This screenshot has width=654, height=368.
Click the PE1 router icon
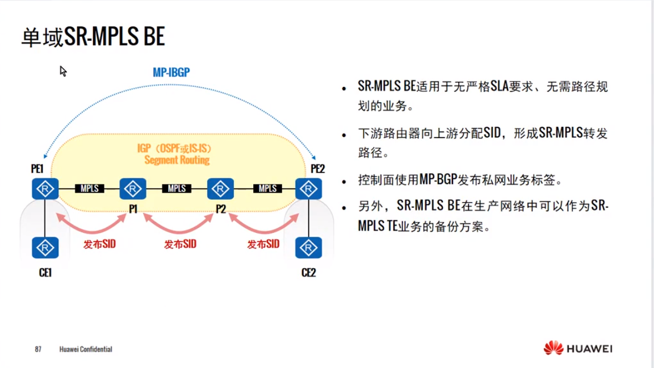pyautogui.click(x=45, y=189)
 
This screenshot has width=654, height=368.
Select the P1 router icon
pyautogui.click(x=133, y=189)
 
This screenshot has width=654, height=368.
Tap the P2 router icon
pyautogui.click(x=220, y=189)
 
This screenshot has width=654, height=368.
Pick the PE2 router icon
pyautogui.click(x=308, y=189)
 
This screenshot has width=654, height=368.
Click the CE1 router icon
pyautogui.click(x=45, y=248)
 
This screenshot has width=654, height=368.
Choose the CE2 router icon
pyautogui.click(x=308, y=248)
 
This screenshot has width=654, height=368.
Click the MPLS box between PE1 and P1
pyautogui.click(x=89, y=189)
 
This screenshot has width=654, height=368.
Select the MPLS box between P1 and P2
pyautogui.click(x=177, y=189)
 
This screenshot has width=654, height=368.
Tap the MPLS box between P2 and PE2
pyautogui.click(x=267, y=189)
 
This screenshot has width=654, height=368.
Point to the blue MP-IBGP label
pyautogui.click(x=171, y=73)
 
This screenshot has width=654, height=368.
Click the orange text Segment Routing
pyautogui.click(x=177, y=160)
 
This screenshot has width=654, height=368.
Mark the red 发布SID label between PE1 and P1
pyautogui.click(x=99, y=244)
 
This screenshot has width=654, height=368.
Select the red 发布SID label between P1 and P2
pyautogui.click(x=180, y=244)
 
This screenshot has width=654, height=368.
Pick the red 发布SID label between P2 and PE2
pyautogui.click(x=263, y=244)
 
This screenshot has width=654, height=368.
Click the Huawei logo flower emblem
pyautogui.click(x=554, y=348)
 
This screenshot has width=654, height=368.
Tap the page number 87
pyautogui.click(x=38, y=349)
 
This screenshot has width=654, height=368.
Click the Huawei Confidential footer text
pyautogui.click(x=86, y=349)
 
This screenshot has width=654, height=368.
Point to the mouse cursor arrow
pyautogui.click(x=63, y=72)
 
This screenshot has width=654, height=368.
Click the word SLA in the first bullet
pyautogui.click(x=499, y=86)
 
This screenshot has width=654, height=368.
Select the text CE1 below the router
pyautogui.click(x=45, y=273)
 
